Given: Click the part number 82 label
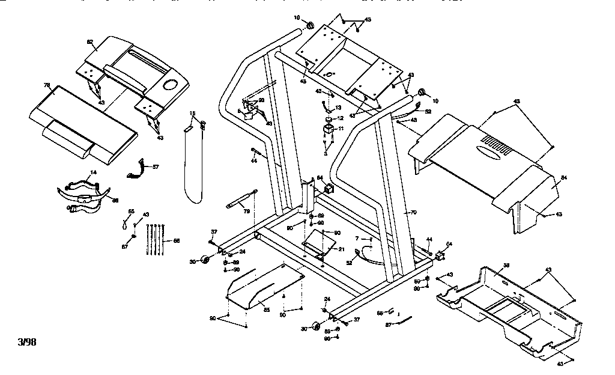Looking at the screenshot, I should click(x=90, y=41).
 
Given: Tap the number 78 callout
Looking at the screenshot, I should click(x=46, y=85).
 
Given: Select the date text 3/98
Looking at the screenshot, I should click(x=27, y=343).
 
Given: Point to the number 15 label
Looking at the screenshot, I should click(x=193, y=114).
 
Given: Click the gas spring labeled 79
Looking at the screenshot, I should click(x=240, y=199).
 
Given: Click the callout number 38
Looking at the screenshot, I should click(x=506, y=265).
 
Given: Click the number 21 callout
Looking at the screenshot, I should click(x=341, y=249).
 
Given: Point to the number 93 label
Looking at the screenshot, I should click(x=261, y=100).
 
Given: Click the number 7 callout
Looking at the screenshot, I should click(x=357, y=239).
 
